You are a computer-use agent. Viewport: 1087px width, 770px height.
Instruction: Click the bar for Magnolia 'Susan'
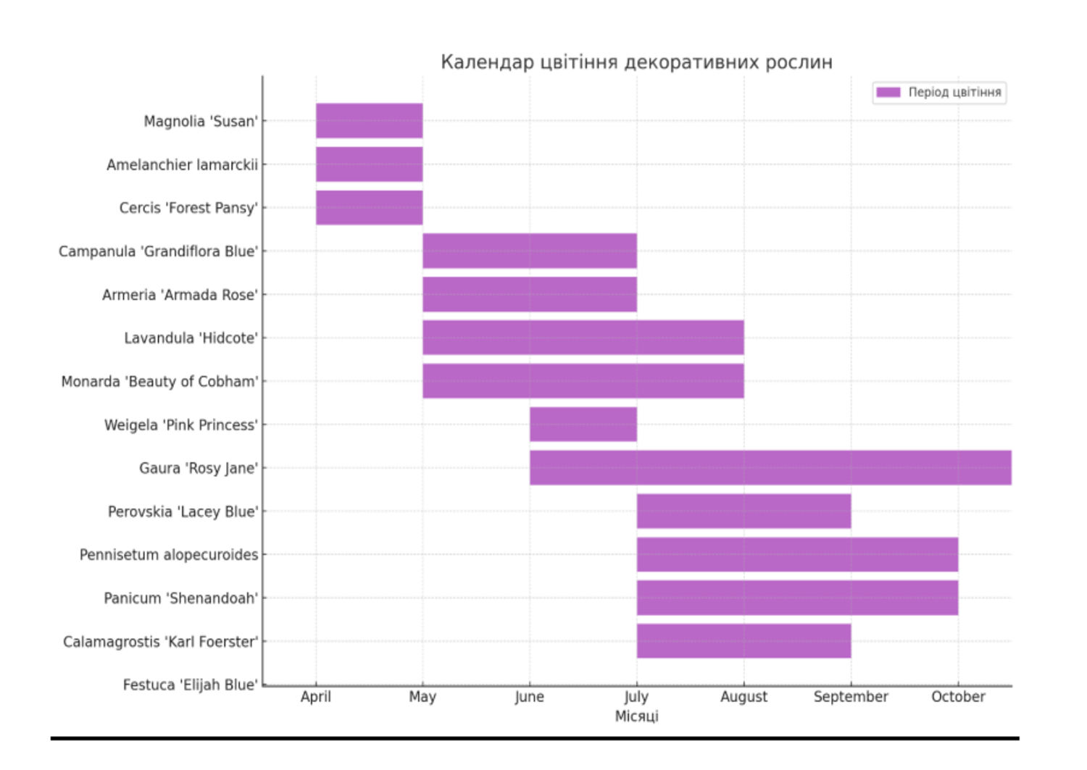point(369,121)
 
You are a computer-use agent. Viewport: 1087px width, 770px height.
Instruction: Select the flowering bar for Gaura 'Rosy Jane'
point(770,468)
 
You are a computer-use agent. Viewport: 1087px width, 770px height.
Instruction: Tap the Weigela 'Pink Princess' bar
point(583,424)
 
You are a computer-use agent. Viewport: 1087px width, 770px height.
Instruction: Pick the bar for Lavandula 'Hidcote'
point(583,338)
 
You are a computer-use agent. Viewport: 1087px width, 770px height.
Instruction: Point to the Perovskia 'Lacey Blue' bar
point(744,511)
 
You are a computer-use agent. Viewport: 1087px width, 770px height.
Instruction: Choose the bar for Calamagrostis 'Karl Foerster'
point(744,641)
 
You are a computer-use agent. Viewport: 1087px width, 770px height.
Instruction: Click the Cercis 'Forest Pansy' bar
point(369,208)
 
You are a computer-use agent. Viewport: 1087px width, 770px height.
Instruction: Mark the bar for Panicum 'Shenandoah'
point(797,598)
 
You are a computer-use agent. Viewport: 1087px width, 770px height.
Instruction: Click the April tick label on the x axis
point(315,697)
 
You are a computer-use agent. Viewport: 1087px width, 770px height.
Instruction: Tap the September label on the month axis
point(850,697)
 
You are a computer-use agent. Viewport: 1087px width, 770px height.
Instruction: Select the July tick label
point(636,697)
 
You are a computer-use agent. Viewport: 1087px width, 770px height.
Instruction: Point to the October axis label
point(957,697)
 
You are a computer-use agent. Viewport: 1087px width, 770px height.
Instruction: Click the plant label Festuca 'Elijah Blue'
point(190,685)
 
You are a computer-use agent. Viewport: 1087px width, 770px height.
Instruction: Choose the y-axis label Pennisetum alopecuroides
point(168,555)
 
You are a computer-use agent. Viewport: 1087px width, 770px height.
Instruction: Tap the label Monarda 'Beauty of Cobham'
point(159,382)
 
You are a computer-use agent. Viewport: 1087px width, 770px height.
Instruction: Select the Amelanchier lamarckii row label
point(182,165)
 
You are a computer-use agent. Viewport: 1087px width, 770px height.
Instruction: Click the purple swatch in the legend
point(888,93)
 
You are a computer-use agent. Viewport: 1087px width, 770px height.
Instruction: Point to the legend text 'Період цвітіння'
point(954,93)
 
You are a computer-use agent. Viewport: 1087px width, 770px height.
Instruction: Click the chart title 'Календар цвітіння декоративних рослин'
point(636,62)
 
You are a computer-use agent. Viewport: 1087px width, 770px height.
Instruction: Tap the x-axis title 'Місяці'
point(636,716)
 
